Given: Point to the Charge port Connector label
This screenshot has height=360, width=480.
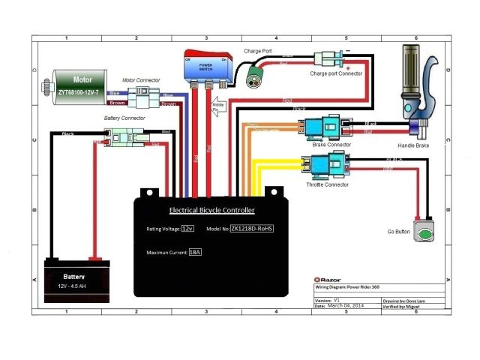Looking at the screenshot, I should click(x=336, y=73).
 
